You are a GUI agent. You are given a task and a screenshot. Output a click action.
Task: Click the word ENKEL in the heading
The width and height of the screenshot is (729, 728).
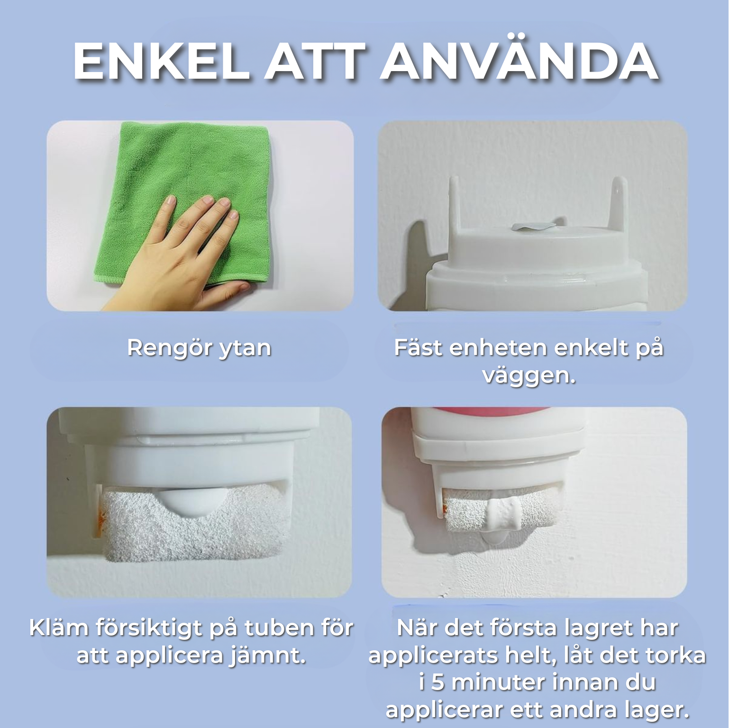click(161, 62)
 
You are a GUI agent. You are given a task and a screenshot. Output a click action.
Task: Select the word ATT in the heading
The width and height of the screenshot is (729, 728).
click(315, 62)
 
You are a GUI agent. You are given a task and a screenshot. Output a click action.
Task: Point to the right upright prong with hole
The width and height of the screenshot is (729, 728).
click(619, 201)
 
